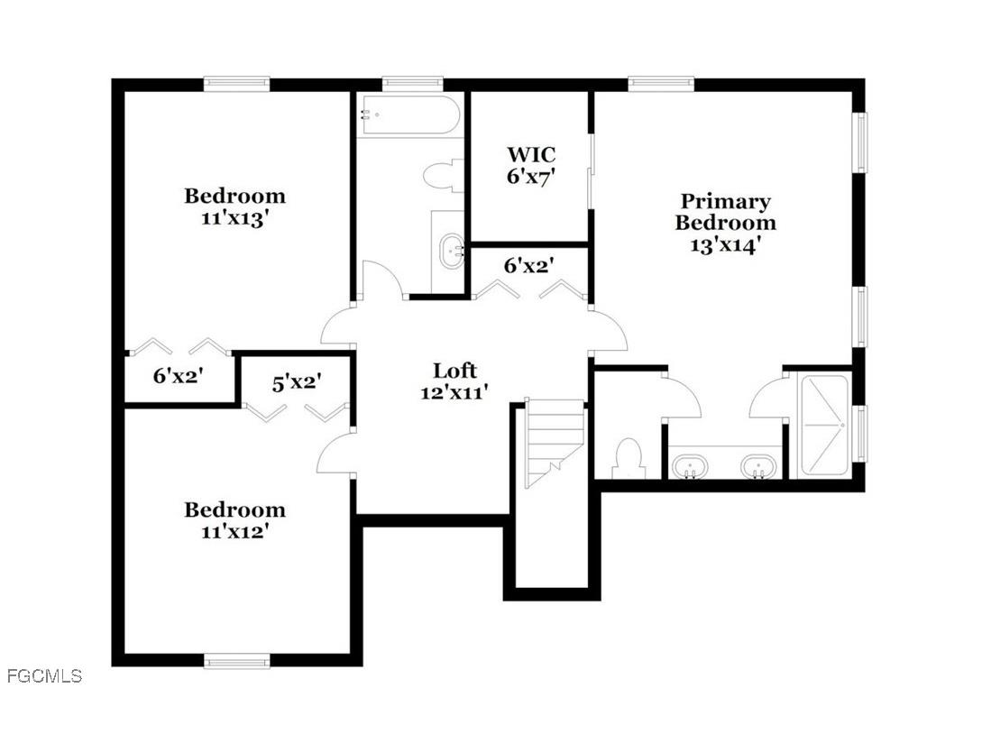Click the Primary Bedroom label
click(725, 212)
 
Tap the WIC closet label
click(530, 154)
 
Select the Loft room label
click(454, 371)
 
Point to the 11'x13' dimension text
click(234, 219)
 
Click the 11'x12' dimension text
click(234, 532)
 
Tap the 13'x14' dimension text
click(725, 245)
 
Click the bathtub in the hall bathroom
click(410, 115)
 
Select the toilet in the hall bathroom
click(442, 176)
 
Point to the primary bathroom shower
click(824, 426)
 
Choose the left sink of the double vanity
click(690, 467)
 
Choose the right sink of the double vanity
click(759, 467)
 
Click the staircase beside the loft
click(553, 442)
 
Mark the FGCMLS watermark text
click(43, 675)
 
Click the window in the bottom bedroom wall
click(237, 661)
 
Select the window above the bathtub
click(412, 83)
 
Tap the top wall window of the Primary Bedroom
click(661, 83)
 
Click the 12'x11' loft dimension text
click(454, 392)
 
